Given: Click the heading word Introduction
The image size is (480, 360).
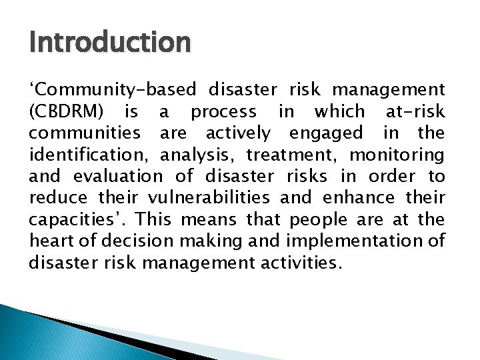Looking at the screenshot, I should pos(110,43).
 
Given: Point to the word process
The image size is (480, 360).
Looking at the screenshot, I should pos(223,111).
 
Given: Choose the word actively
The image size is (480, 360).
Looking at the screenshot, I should pos(238,133).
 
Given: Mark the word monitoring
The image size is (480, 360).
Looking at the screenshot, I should pos(397,155).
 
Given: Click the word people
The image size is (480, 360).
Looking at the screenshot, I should pos(317,219).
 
